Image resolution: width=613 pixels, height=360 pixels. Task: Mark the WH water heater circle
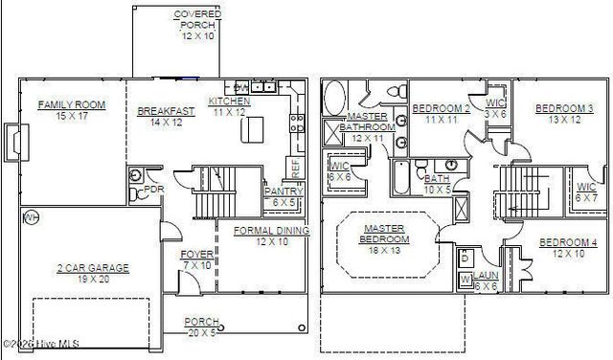click(31, 217)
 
